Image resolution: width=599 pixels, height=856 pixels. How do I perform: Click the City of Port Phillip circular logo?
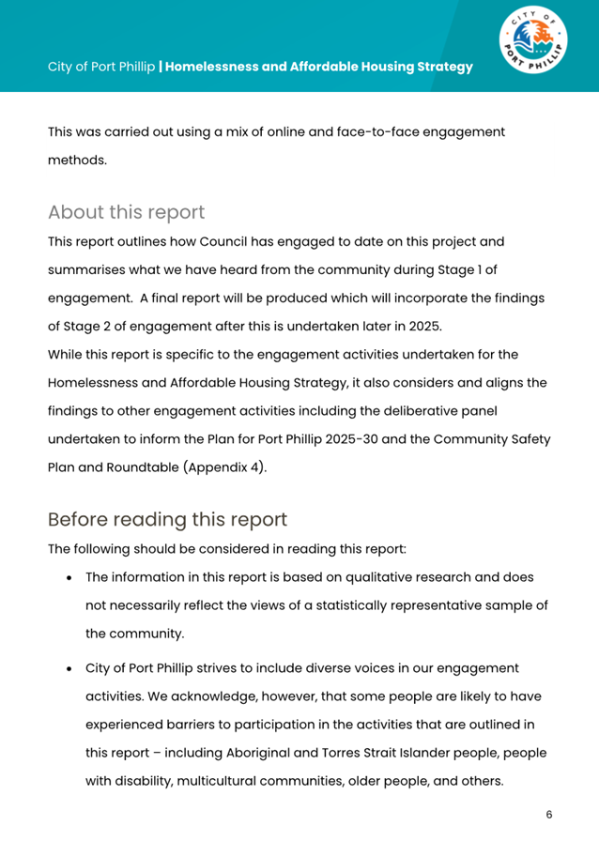click(532, 43)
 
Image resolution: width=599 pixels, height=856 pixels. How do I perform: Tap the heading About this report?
click(126, 211)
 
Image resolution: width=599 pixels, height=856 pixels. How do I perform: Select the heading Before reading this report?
click(167, 519)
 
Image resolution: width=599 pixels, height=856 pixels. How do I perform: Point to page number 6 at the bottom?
click(549, 814)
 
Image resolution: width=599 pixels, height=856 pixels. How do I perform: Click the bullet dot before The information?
click(71, 579)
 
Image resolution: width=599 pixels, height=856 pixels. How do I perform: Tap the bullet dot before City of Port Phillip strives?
click(71, 669)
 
